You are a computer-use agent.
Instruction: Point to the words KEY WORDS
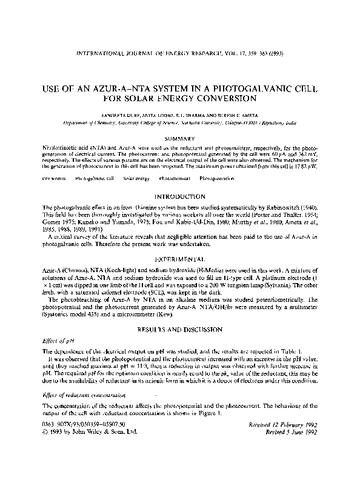(x=54, y=179)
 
